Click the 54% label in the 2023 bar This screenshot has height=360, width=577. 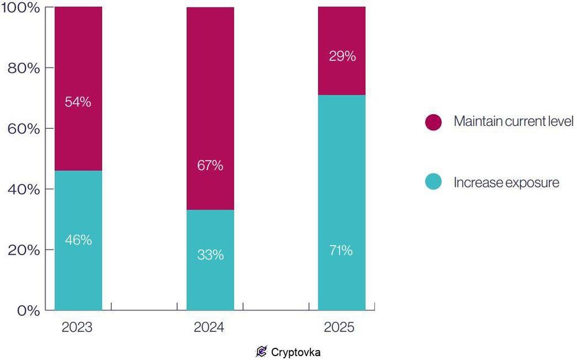78,102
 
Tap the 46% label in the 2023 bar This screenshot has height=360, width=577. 78,240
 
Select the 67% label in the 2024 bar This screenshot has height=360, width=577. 210,166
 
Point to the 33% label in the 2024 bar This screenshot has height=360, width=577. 210,254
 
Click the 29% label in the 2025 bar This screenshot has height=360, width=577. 342,57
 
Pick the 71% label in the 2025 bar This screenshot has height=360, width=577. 342,250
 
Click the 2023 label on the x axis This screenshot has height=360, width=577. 77,328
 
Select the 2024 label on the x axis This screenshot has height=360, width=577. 209,328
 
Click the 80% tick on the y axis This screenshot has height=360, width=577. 23,68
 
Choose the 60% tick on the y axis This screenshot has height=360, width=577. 23,129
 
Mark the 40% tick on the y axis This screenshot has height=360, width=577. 23,189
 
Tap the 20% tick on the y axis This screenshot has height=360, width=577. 23,250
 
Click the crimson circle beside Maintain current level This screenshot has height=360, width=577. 433,122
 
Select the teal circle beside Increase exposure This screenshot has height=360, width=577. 433,182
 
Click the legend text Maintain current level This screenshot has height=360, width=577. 513,122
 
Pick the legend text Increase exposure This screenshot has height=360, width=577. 506,183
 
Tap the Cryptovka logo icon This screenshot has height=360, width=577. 261,351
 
